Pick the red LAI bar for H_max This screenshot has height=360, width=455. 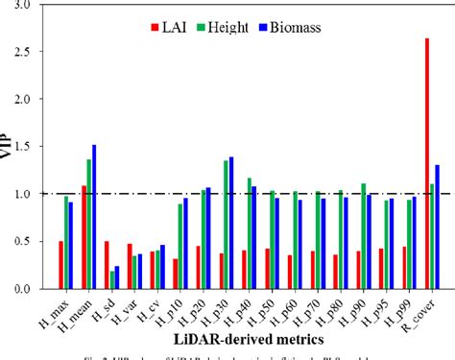click(60, 265)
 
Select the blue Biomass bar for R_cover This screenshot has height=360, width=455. click(438, 227)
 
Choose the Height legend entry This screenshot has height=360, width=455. click(236, 21)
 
